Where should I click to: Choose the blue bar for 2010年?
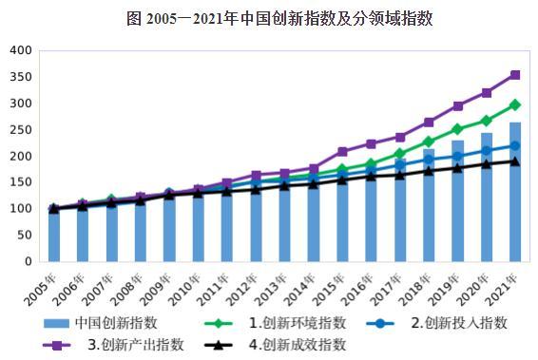coord(198,228)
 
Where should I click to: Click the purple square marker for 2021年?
coord(514,74)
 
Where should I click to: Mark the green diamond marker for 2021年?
coord(514,104)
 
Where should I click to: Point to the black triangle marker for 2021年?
coord(514,161)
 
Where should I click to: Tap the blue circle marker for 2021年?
coord(514,145)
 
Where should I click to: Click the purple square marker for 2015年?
coord(342,151)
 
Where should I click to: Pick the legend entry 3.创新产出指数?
coord(128,343)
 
